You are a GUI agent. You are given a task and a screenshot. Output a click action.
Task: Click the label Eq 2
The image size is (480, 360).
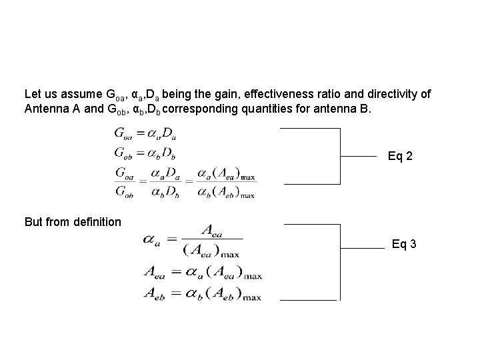[400, 157]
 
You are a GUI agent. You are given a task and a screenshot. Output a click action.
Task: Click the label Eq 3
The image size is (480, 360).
[404, 244]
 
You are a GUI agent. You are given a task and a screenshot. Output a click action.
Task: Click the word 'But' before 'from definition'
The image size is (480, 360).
[33, 221]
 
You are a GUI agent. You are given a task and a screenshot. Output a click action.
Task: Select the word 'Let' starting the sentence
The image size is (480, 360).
[31, 95]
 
